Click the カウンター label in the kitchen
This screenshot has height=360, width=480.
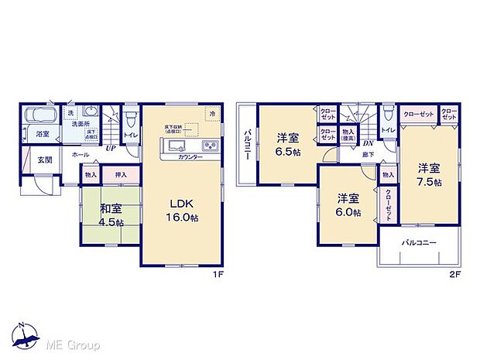pos(190,158)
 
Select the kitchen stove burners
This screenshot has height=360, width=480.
pos(211,146)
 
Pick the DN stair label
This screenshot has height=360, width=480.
pos(368,142)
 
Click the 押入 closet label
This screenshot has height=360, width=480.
pos(121,175)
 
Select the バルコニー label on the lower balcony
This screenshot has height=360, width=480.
pos(418,243)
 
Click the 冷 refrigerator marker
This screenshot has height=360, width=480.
pos(211,114)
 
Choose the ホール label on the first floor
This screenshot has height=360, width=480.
pos(80,155)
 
